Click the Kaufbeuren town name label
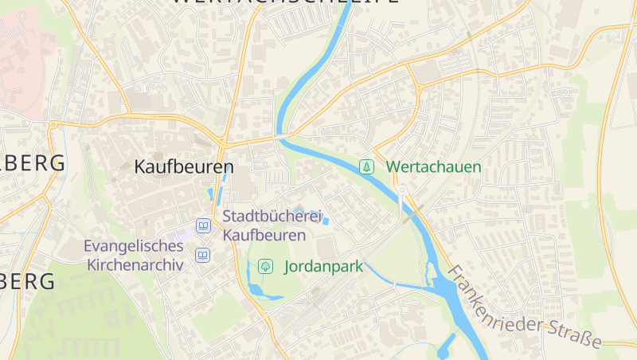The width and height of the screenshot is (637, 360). tap(184, 167)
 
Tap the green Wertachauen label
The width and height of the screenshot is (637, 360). tap(434, 167)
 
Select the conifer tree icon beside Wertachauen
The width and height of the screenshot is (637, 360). tap(366, 166)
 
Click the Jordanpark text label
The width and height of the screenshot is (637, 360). tap(323, 267)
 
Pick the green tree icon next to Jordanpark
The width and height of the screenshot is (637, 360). tap(265, 267)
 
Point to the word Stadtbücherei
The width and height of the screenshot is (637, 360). tap(272, 217)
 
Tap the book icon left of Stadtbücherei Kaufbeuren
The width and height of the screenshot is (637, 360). tap(203, 226)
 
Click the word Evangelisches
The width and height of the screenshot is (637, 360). tap(134, 246)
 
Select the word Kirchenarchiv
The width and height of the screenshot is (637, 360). tap(135, 264)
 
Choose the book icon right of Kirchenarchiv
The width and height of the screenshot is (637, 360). tap(203, 256)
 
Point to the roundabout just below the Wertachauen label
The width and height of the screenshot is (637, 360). tap(403, 190)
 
